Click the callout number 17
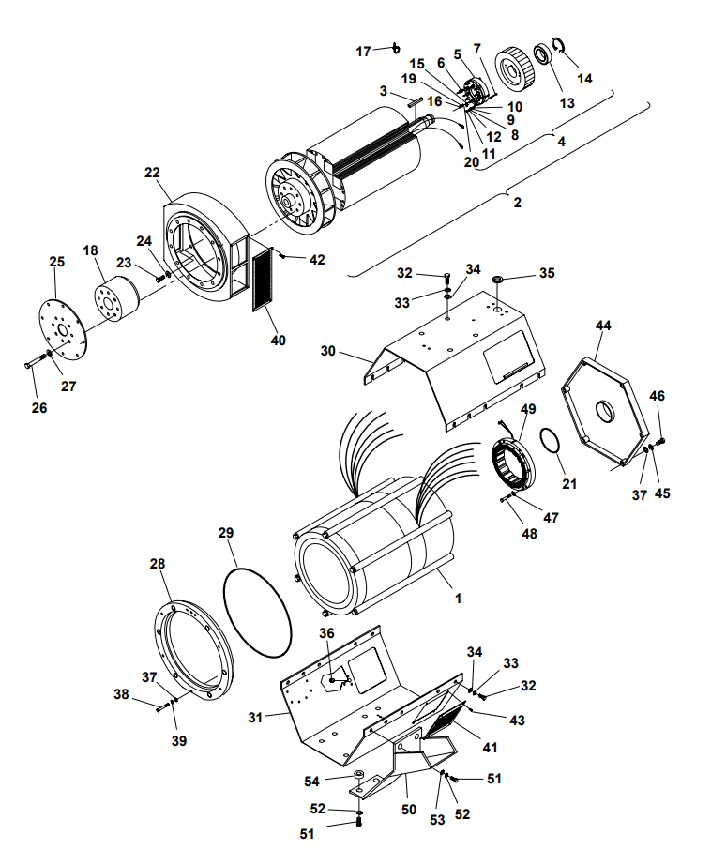[363, 51]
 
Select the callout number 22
[152, 173]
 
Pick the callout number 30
[327, 351]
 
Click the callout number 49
[529, 409]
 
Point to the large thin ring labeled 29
[259, 609]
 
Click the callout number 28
[158, 564]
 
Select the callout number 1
[458, 597]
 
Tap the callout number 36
[325, 633]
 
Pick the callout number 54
[338, 781]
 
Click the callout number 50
[408, 809]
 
